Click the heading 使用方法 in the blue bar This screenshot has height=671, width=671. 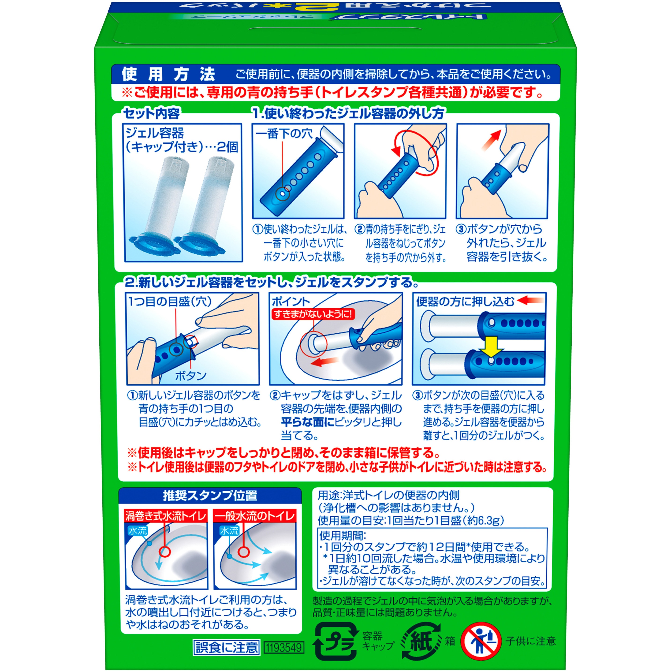click(x=168, y=74)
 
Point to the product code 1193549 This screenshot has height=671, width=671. click(x=284, y=647)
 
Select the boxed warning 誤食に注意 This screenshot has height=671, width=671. click(x=227, y=647)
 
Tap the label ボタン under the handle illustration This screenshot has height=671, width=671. click(x=190, y=376)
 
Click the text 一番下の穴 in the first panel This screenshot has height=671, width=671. click(x=284, y=134)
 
